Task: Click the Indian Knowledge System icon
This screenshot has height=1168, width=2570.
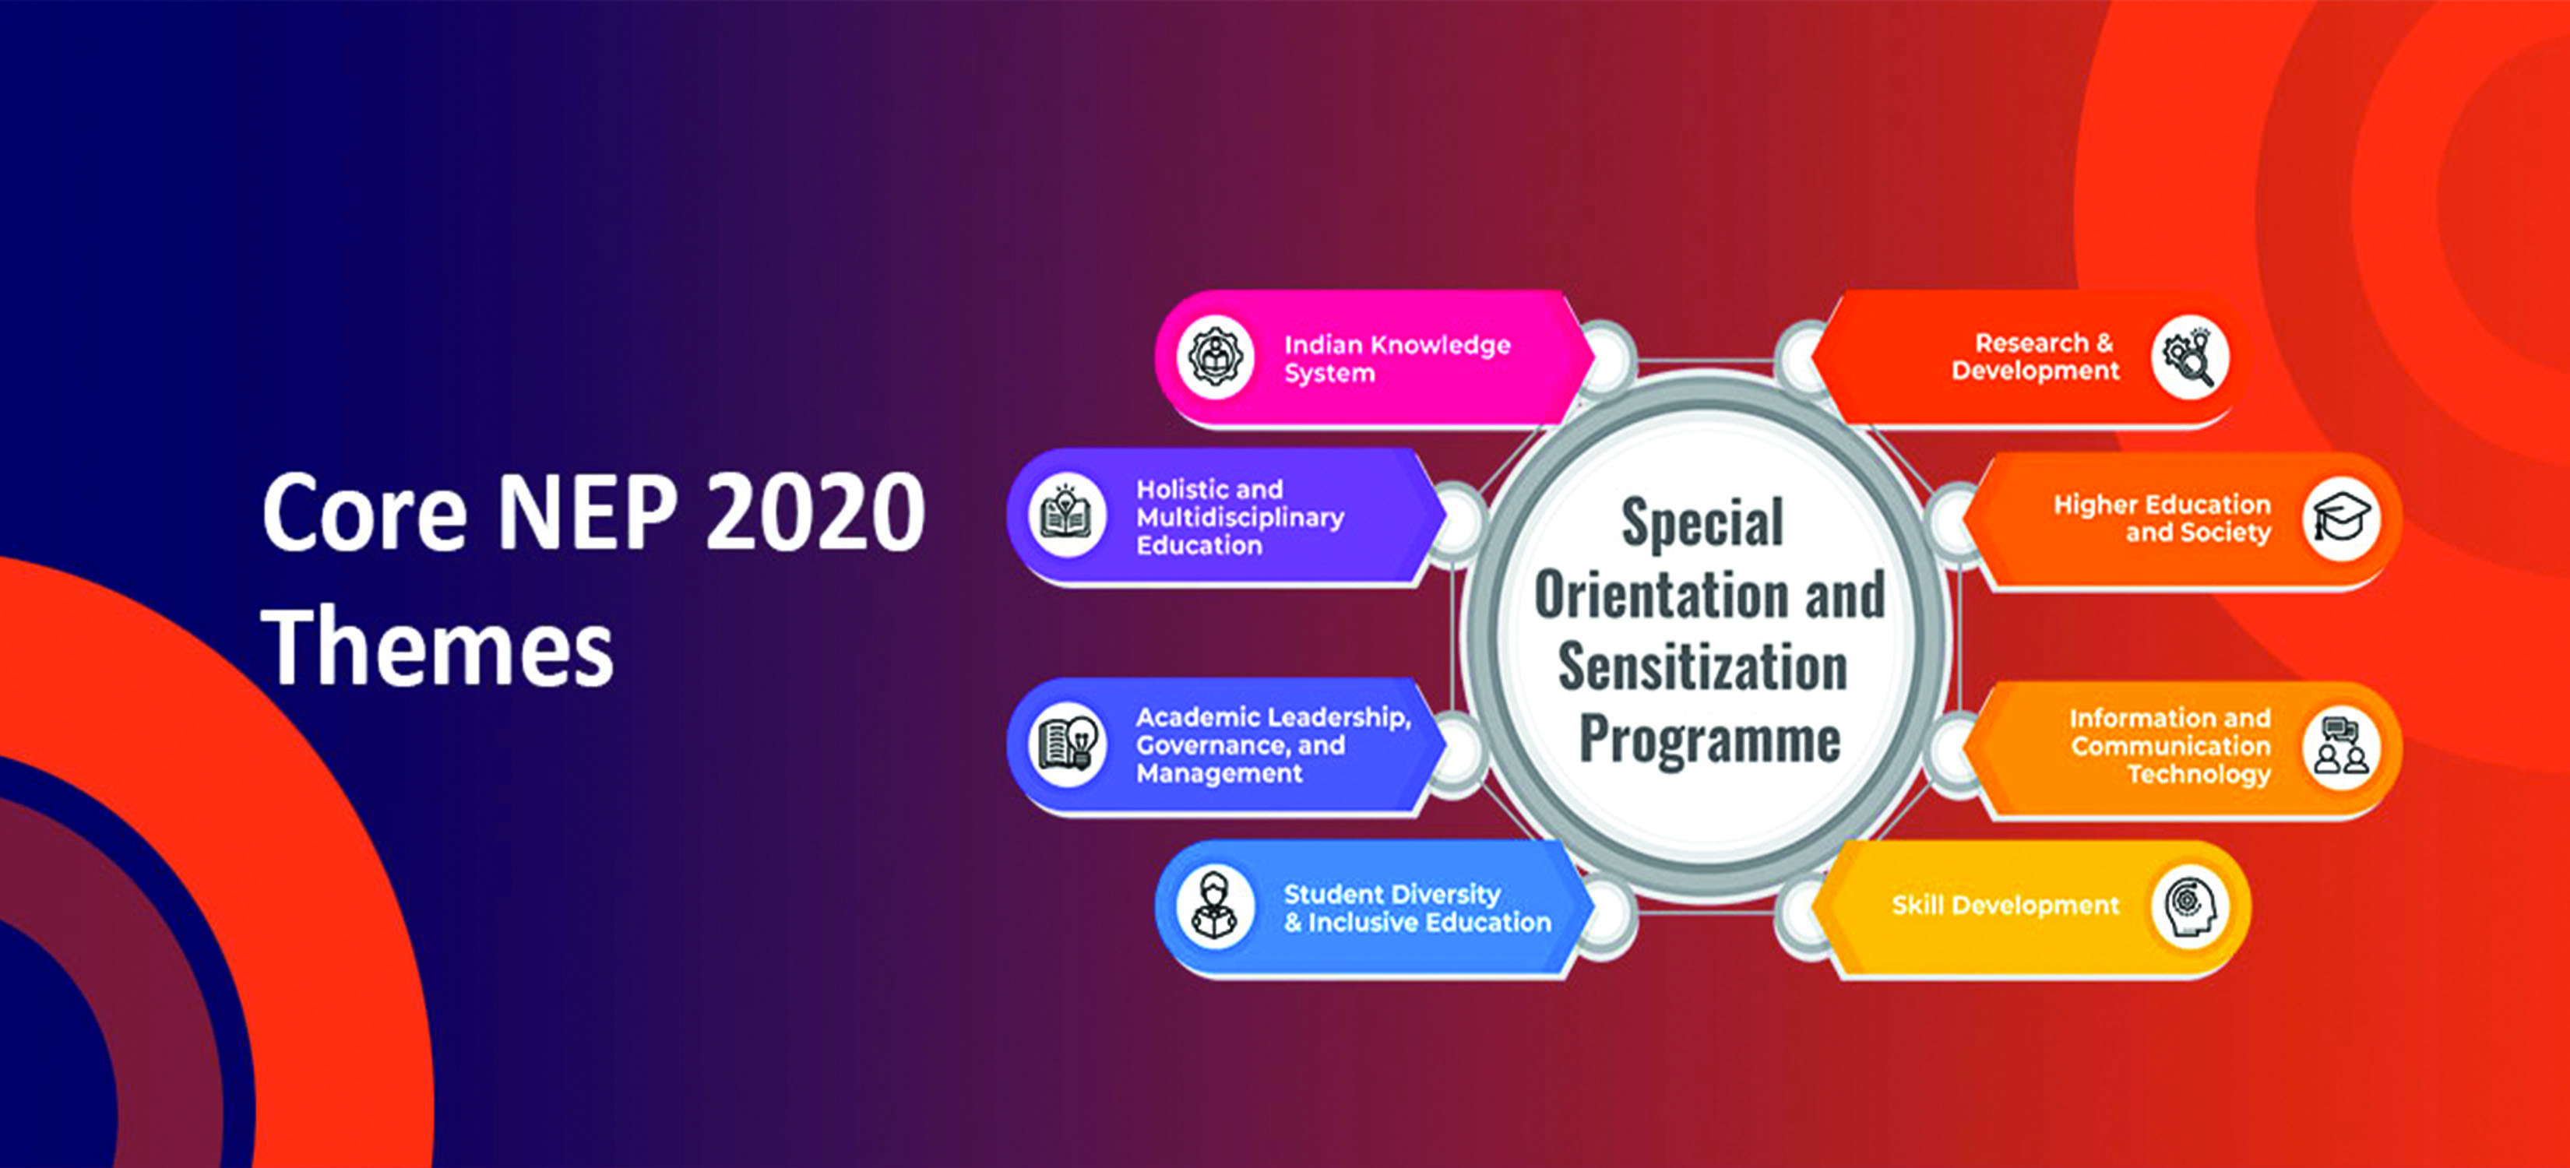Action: (x=1215, y=357)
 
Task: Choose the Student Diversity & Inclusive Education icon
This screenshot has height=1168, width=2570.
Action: (x=1215, y=906)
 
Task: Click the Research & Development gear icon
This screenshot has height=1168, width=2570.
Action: (x=2190, y=357)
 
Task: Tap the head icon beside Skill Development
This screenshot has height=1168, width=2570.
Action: (x=2190, y=906)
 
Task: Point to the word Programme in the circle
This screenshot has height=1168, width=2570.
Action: (x=1709, y=740)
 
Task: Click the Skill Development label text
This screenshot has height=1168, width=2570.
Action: (x=2005, y=906)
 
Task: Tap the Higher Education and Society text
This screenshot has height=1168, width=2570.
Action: (x=2162, y=519)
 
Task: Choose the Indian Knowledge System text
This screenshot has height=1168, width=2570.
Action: (x=1396, y=359)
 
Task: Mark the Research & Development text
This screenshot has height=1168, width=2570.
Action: (x=2035, y=356)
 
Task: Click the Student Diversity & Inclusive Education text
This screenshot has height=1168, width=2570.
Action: (x=1417, y=909)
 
